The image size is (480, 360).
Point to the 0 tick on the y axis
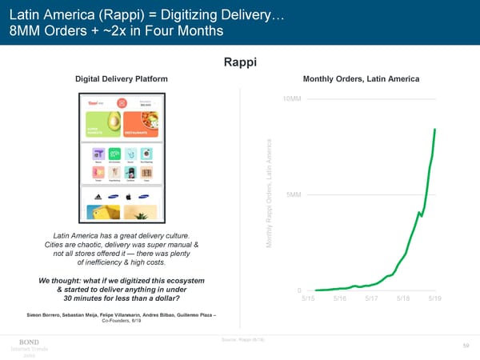point(298,290)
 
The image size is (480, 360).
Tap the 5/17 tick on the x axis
point(371,298)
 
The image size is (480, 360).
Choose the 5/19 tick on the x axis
point(435,298)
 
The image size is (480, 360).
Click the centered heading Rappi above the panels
point(240,62)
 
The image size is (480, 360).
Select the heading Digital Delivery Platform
point(121,78)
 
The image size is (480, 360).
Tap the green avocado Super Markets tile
point(102,124)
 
